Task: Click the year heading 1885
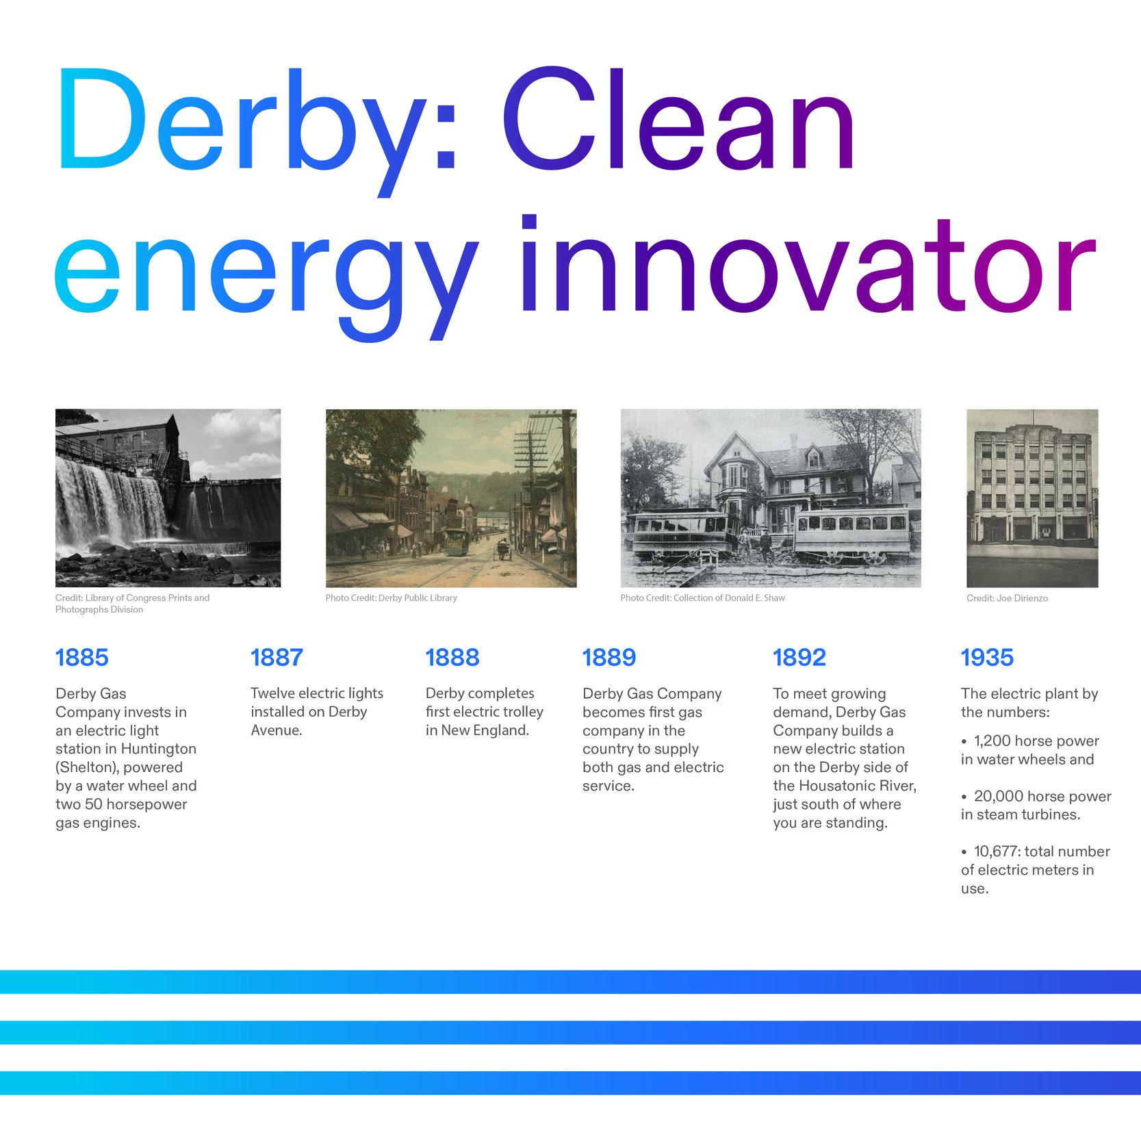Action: click(x=81, y=657)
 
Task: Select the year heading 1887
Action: click(x=277, y=657)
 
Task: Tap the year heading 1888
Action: click(x=452, y=657)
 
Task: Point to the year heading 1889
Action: click(x=608, y=657)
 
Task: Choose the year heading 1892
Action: click(x=799, y=657)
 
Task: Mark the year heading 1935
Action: click(x=986, y=657)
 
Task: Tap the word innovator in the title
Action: click(x=808, y=270)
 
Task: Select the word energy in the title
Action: click(x=267, y=274)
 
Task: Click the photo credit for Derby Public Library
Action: click(x=391, y=598)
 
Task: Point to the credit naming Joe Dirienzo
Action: click(x=1006, y=598)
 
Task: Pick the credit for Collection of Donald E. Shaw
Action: click(x=702, y=598)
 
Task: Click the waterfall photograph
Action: click(x=168, y=498)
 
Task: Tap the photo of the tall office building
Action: click(x=1031, y=498)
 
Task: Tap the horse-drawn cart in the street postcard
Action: click(x=503, y=549)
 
